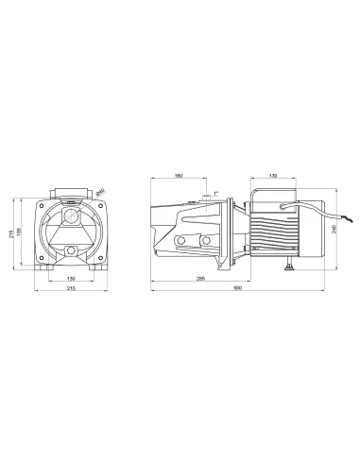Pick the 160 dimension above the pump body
(x=179, y=176)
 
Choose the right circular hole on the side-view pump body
(x=206, y=245)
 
